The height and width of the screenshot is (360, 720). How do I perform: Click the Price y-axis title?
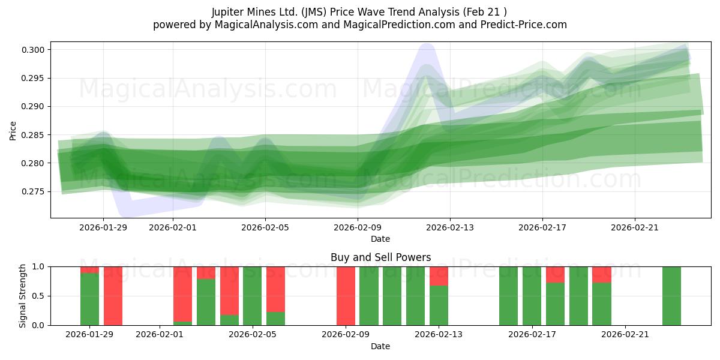tap(13, 130)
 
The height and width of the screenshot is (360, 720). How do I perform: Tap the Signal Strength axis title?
tap(23, 296)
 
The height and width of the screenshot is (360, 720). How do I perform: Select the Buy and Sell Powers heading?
tap(380, 257)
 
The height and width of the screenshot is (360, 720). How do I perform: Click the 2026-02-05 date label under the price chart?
tap(266, 227)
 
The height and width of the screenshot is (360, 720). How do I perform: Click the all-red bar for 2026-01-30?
tap(113, 296)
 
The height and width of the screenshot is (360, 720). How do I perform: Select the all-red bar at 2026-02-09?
tap(346, 296)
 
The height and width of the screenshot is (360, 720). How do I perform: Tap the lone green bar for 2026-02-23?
tap(671, 296)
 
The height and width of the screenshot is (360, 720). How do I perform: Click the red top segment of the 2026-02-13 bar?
tap(439, 276)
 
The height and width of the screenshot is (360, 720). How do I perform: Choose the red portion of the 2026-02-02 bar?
tap(183, 293)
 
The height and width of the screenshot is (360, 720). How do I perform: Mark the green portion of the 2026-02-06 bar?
tap(275, 319)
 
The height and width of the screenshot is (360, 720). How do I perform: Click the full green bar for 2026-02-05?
tap(253, 296)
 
